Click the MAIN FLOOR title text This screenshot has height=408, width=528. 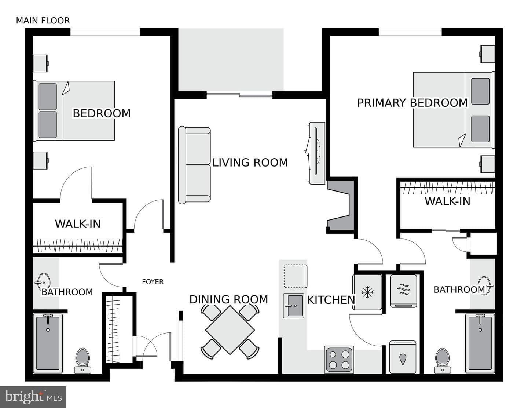[43, 21]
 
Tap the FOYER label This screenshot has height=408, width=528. [153, 282]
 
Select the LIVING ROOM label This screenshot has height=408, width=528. [250, 163]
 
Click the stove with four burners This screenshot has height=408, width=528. [339, 360]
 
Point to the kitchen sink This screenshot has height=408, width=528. [294, 306]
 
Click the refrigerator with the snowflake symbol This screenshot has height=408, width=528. [367, 292]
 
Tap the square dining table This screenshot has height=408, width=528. [230, 330]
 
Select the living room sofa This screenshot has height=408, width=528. [194, 165]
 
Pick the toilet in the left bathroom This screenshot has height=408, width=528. [82, 360]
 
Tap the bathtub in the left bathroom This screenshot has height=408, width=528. [48, 343]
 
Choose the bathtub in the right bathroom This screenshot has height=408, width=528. [480, 343]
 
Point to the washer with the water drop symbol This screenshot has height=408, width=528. [403, 357]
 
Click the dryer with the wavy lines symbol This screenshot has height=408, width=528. [403, 291]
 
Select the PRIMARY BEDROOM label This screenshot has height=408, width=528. [412, 103]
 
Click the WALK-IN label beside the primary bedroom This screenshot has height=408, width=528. [447, 201]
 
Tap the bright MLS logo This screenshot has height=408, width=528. [33, 397]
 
